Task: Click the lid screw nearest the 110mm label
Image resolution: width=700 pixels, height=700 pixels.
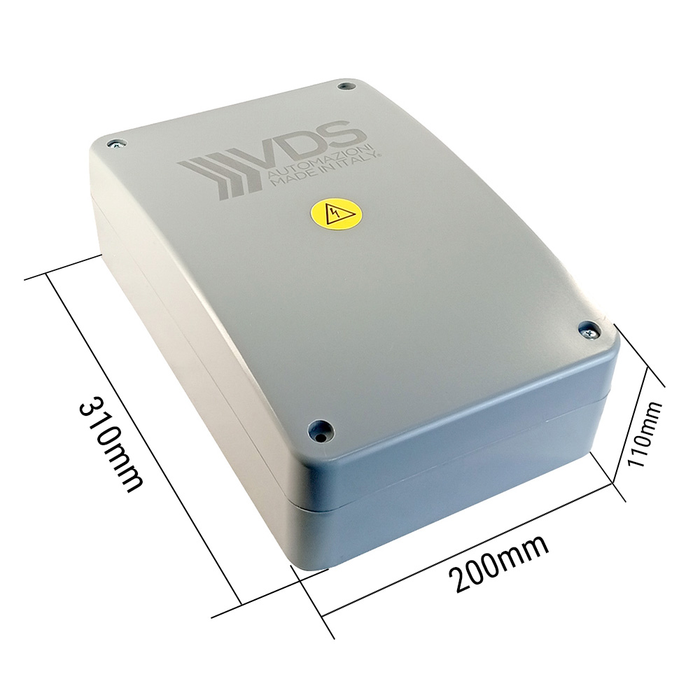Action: point(589,328)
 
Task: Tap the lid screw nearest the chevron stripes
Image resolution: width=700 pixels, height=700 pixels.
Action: point(115,144)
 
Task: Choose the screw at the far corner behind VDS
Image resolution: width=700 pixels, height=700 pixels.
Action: point(344,87)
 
